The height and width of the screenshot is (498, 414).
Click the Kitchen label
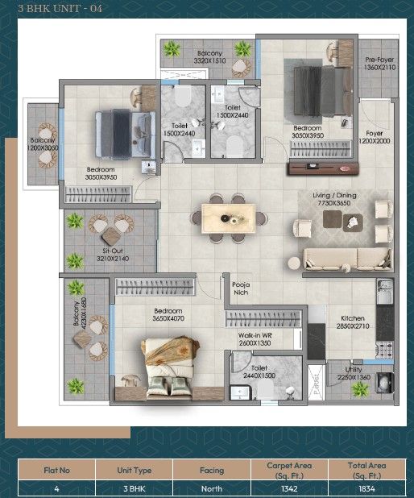pos(353,317)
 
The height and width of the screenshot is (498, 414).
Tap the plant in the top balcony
pos(172,50)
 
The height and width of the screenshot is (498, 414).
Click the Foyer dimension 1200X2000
pos(375,141)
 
